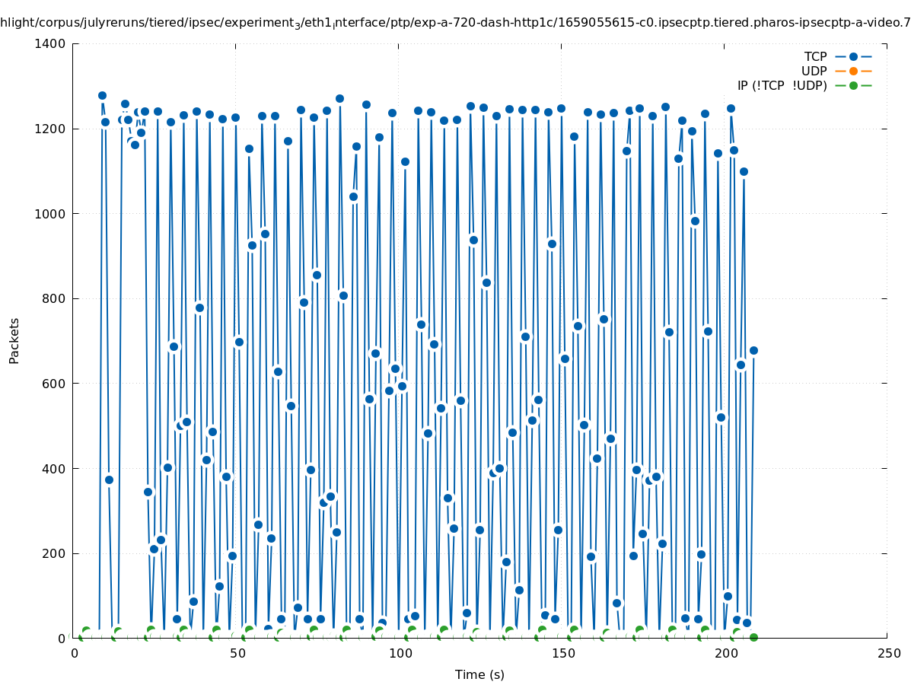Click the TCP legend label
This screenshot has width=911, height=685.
pyautogui.click(x=815, y=56)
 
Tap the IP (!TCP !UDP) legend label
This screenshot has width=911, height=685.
pyautogui.click(x=782, y=85)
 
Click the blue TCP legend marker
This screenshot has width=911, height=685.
pyautogui.click(x=853, y=56)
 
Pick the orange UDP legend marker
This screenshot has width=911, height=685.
pyautogui.click(x=853, y=71)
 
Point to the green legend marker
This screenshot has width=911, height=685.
pyautogui.click(x=853, y=85)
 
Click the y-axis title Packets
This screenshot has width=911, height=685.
pyautogui.click(x=14, y=340)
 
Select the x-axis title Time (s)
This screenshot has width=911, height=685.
pyautogui.click(x=479, y=674)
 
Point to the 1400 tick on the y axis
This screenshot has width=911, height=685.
pyautogui.click(x=51, y=43)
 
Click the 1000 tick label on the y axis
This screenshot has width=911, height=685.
pyautogui.click(x=51, y=214)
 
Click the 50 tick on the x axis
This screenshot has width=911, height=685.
pyautogui.click(x=237, y=653)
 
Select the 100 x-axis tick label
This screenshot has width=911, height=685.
pyautogui.click(x=400, y=653)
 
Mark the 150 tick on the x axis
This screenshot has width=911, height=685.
pyautogui.click(x=563, y=653)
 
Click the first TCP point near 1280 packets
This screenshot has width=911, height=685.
pyautogui.click(x=102, y=95)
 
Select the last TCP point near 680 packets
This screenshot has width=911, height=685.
pyautogui.click(x=753, y=350)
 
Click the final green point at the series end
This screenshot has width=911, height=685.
pyautogui.click(x=753, y=637)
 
